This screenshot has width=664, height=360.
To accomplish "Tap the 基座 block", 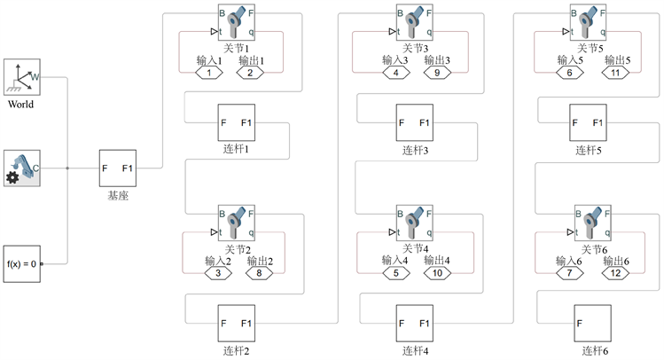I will click(x=117, y=167).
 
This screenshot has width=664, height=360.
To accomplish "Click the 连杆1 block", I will click(x=237, y=122).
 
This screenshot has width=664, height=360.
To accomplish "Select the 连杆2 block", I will click(x=237, y=323).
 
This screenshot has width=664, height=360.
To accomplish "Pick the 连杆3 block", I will click(x=414, y=122).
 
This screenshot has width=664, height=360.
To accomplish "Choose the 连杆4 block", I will click(x=414, y=323).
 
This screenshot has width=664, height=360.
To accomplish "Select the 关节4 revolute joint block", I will click(x=414, y=223).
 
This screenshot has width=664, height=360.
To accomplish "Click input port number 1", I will click(x=209, y=74).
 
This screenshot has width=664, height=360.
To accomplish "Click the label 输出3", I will click(x=438, y=60).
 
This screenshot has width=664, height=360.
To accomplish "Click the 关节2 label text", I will click(x=237, y=249).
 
